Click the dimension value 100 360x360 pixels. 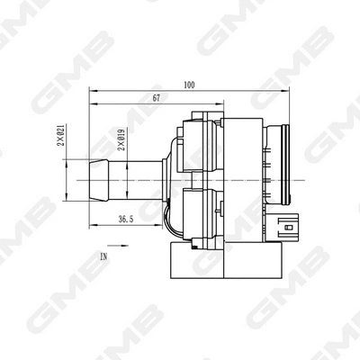[188, 85]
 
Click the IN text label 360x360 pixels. [104, 256]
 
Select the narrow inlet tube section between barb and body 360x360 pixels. [135, 179]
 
